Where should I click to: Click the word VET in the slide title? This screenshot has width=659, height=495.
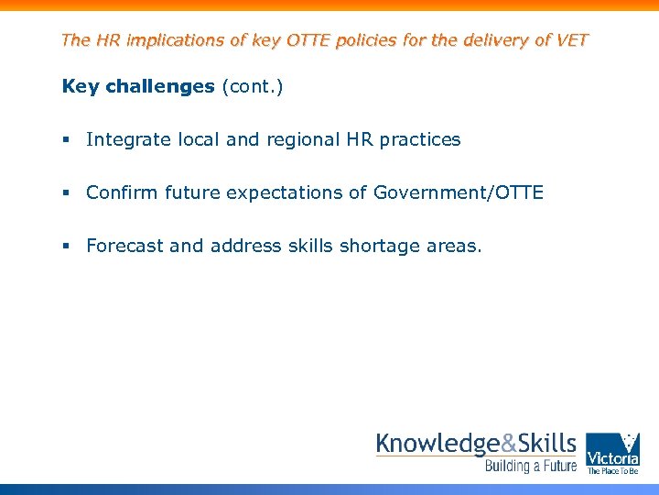[571, 40]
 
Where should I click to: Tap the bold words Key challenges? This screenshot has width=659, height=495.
[137, 87]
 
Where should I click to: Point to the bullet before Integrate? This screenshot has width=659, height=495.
[67, 140]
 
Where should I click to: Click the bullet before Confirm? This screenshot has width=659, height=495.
[67, 193]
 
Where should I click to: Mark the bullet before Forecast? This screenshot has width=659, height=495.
[67, 247]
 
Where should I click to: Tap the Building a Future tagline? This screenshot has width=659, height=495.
[531, 467]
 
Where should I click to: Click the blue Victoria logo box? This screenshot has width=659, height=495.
[612, 454]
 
